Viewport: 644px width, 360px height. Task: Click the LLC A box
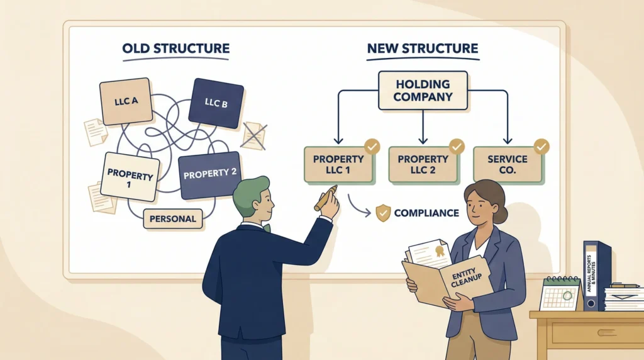(125, 100)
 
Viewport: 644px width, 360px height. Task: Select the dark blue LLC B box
(216, 103)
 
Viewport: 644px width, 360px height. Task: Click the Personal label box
(173, 219)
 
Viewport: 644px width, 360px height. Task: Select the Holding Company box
(423, 91)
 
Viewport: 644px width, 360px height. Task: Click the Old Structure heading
(176, 48)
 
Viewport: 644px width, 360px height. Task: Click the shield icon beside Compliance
(382, 213)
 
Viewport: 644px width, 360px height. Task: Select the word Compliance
(426, 213)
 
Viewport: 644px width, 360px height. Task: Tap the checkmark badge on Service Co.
(541, 147)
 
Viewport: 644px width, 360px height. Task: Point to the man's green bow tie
(267, 228)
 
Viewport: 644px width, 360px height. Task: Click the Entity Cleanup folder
(448, 277)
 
